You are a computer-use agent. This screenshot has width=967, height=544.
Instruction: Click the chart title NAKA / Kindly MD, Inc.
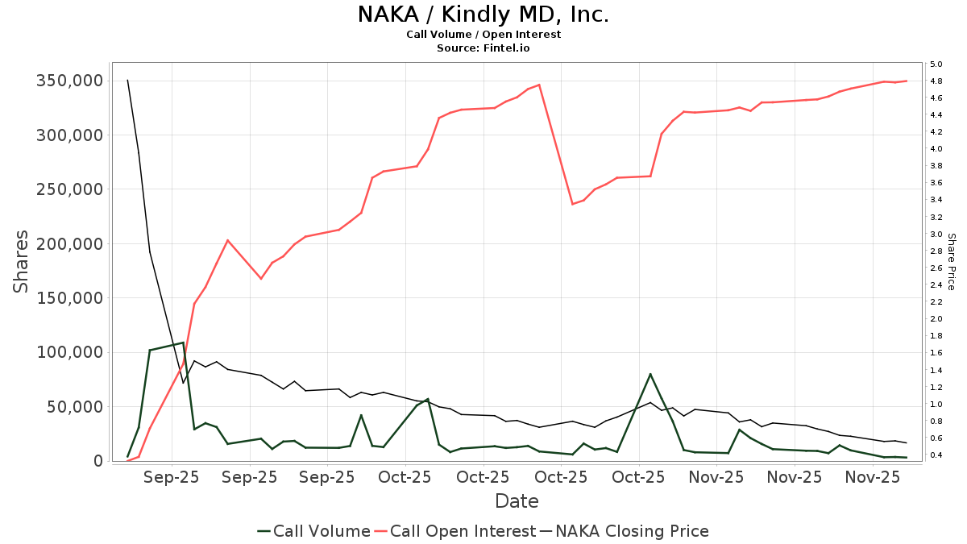pos(483,15)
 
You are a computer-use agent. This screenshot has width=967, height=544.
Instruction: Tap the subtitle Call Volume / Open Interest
pos(483,35)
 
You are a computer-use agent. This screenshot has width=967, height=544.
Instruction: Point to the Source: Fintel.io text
pos(483,48)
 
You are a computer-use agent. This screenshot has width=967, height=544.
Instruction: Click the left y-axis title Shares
pos(21,262)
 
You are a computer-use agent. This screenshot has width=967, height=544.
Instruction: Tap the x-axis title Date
pos(517,501)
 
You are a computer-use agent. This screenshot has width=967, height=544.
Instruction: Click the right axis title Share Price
pos(952,262)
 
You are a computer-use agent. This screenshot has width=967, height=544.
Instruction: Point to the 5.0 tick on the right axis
pos(936,64)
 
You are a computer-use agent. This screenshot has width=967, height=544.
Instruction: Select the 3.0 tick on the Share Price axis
pos(936,234)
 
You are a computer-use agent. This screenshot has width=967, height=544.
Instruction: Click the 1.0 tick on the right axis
pos(936,405)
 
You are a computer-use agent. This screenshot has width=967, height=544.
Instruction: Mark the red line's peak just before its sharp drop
pos(539,85)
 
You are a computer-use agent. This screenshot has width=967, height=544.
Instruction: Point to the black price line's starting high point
pos(127,80)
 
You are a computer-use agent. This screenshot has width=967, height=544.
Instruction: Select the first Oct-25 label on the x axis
pos(405,477)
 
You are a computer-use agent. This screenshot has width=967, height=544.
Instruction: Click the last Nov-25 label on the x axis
pos(872,477)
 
